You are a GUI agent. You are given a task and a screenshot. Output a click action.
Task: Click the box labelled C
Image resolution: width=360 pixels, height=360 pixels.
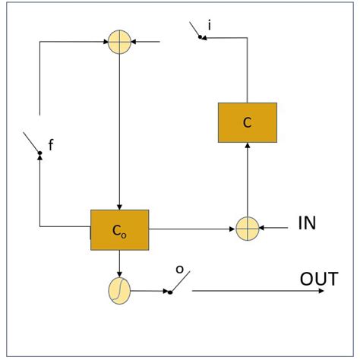tap(247, 122)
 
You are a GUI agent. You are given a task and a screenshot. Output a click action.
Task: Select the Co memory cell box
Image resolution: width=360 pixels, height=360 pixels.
tap(119, 229)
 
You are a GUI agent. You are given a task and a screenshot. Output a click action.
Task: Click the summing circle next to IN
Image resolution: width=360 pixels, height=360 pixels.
tap(247, 229)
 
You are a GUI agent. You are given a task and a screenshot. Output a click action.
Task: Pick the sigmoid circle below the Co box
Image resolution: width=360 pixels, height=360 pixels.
tap(119, 290)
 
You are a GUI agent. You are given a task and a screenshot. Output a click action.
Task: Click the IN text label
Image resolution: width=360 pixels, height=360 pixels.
tap(307, 223)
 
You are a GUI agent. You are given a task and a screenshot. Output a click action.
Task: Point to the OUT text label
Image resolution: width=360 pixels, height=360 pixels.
tap(319, 279)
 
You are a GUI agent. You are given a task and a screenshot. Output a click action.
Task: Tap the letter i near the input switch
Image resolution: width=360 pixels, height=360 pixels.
tap(209, 27)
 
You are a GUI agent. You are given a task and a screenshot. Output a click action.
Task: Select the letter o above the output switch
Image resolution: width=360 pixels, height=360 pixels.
tap(179, 270)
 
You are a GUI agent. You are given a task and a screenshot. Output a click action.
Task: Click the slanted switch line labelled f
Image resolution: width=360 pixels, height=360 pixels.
tap(32, 144)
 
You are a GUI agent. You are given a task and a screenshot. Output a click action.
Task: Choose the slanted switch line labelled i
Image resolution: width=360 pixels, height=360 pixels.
tap(197, 30)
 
